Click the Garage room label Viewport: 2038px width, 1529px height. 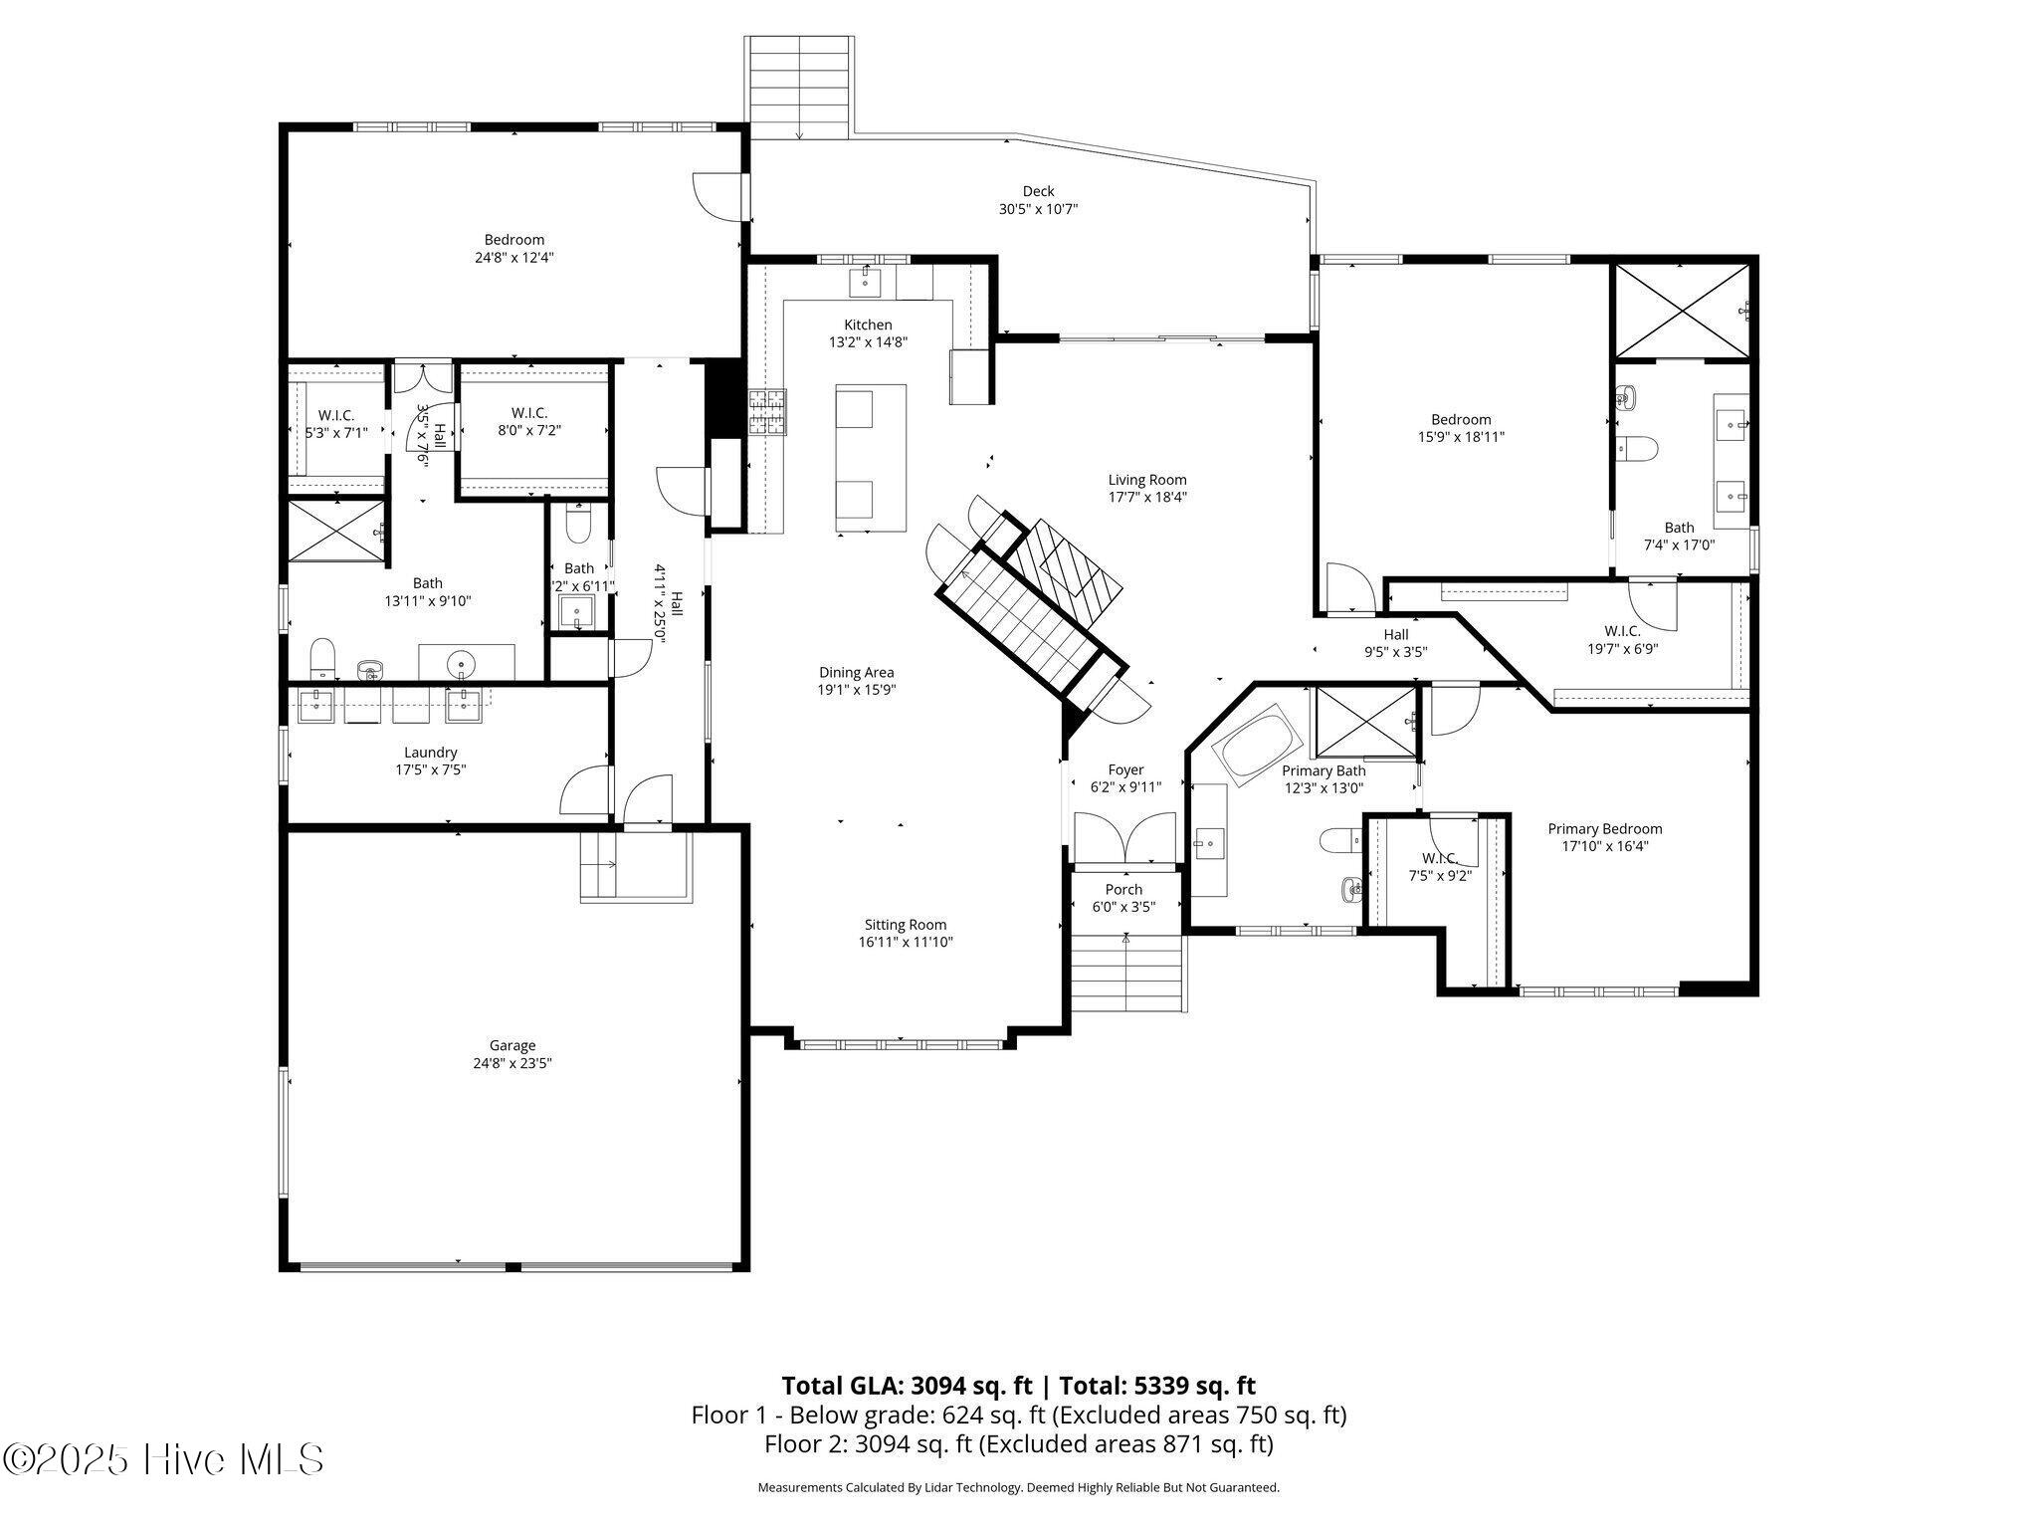click(x=511, y=1045)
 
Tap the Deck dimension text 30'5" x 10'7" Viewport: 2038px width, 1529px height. click(x=1038, y=209)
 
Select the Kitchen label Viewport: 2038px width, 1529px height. click(x=868, y=325)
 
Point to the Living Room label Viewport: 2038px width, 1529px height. click(x=1147, y=480)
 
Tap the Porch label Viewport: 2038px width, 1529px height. click(x=1123, y=889)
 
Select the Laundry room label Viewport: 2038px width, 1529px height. click(x=430, y=753)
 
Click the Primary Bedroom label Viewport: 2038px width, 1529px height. click(x=1604, y=828)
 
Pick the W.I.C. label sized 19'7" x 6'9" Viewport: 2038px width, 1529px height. click(x=1622, y=631)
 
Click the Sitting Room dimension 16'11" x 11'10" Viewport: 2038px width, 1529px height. click(x=906, y=942)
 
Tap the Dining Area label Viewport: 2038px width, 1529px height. click(x=856, y=672)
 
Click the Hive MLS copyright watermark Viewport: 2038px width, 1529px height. click(x=164, y=1460)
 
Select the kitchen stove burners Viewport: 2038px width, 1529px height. click(x=766, y=412)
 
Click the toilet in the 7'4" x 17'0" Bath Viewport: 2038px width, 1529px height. click(x=1636, y=449)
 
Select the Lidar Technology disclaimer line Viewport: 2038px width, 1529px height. click(x=1018, y=1487)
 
